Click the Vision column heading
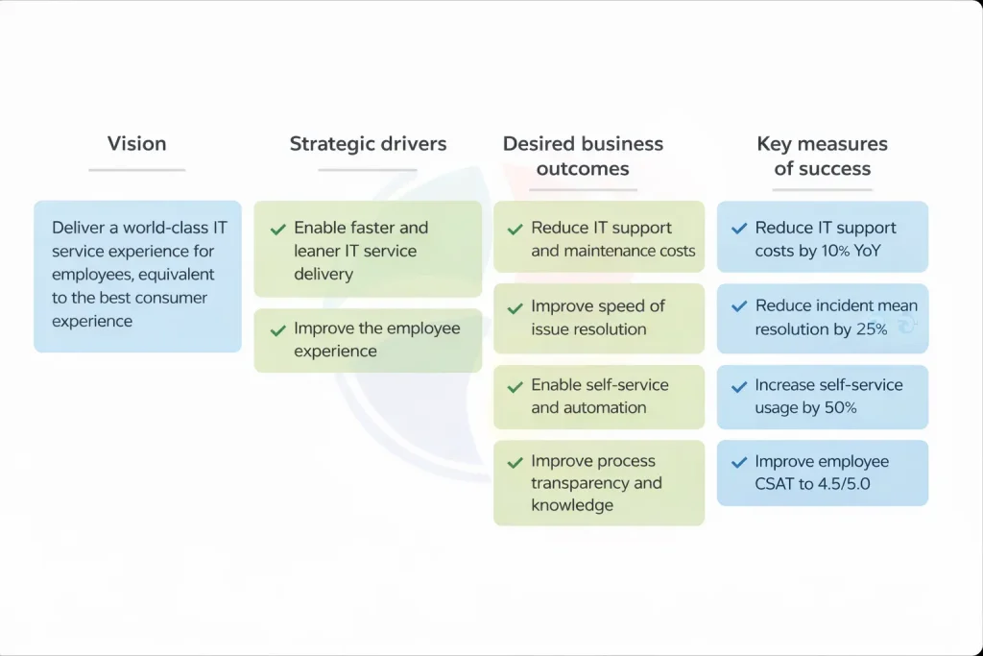click(x=136, y=144)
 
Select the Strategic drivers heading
click(x=368, y=144)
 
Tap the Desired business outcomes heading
click(x=583, y=157)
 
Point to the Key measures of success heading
click(x=822, y=157)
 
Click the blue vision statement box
click(x=137, y=276)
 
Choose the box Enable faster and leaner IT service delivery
click(x=368, y=250)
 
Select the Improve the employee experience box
click(x=368, y=340)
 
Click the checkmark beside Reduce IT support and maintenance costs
click(x=515, y=230)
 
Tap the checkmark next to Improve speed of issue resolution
click(x=515, y=307)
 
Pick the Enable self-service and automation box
click(x=599, y=396)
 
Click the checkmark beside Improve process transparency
click(x=515, y=462)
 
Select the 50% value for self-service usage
click(x=840, y=408)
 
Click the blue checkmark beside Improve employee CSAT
click(x=739, y=462)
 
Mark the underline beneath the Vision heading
click(x=136, y=170)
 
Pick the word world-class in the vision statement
click(x=157, y=229)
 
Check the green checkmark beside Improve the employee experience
click(x=277, y=329)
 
